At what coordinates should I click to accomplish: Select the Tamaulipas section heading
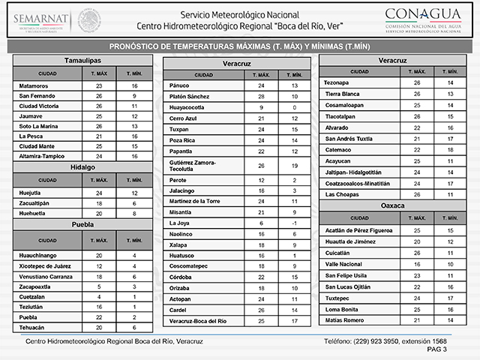point(83,59)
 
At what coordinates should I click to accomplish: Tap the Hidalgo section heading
point(83,166)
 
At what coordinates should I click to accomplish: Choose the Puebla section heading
point(83,224)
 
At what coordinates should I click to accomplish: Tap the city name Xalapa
point(181,245)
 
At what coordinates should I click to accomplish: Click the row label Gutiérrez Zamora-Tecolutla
point(198,165)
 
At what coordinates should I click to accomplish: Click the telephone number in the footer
point(384,341)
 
